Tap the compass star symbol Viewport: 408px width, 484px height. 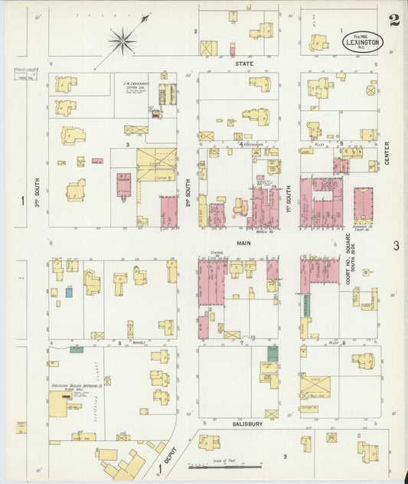122,39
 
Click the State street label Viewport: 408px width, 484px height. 244,64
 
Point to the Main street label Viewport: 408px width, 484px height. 244,243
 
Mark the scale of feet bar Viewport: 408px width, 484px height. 227,465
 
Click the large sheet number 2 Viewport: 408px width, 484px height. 393,20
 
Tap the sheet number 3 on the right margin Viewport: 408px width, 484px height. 396,246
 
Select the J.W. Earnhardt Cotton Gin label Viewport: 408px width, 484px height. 136,87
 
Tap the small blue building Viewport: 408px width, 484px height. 69,292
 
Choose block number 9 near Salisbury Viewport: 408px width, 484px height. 285,457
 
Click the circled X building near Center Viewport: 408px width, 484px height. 370,90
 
